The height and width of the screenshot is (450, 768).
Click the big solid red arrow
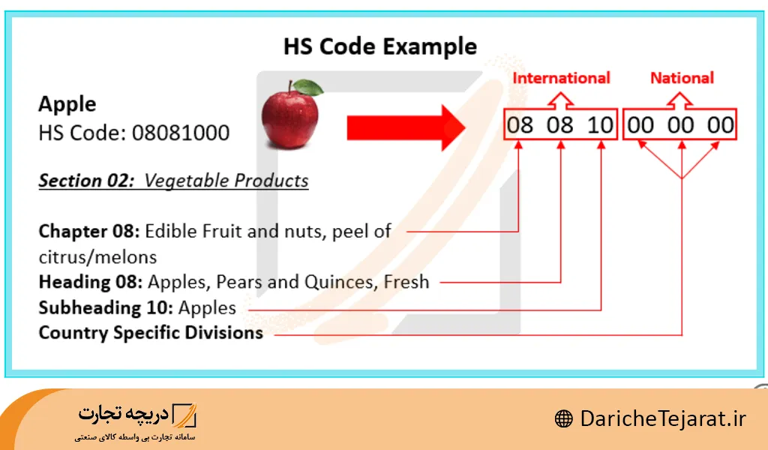pyautogui.click(x=406, y=124)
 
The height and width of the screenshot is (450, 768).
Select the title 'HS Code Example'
pyautogui.click(x=379, y=46)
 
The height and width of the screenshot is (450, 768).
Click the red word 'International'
pyautogui.click(x=561, y=78)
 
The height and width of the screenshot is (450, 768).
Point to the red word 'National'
pyautogui.click(x=681, y=78)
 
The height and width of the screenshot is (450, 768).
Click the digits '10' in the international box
pyautogui.click(x=600, y=124)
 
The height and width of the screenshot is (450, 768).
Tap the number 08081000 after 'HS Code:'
pyautogui.click(x=181, y=133)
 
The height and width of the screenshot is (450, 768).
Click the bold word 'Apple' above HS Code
pyautogui.click(x=67, y=104)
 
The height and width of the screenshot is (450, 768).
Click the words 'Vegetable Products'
pyautogui.click(x=226, y=181)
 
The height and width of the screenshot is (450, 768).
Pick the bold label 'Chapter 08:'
pyautogui.click(x=89, y=231)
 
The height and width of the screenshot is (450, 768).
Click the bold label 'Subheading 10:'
pyautogui.click(x=106, y=307)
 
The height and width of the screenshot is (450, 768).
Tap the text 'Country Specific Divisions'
pyautogui.click(x=151, y=333)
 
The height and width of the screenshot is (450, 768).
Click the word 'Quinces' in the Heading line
pyautogui.click(x=340, y=283)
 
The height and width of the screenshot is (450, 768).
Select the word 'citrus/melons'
pyautogui.click(x=97, y=257)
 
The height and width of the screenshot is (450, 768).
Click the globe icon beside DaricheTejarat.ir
pyautogui.click(x=563, y=419)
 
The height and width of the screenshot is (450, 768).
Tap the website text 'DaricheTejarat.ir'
pyautogui.click(x=663, y=419)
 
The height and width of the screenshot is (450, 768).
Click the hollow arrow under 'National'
pyautogui.click(x=681, y=98)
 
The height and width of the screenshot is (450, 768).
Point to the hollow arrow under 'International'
pyautogui.click(x=560, y=98)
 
